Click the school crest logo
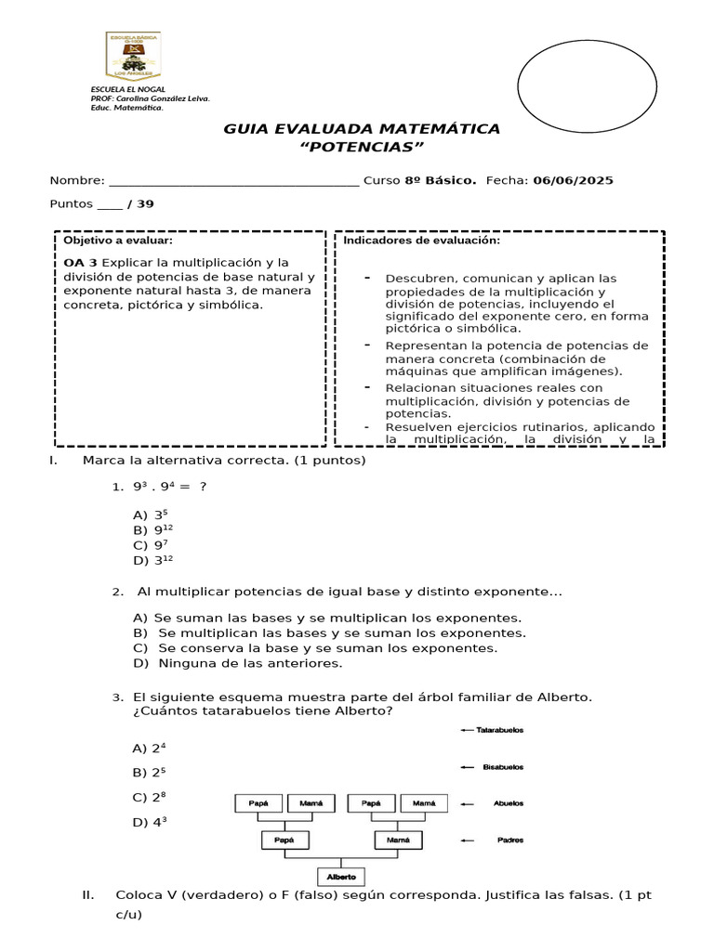pyautogui.click(x=131, y=56)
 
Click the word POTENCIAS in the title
pyautogui.click(x=362, y=148)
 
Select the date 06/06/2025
pyautogui.click(x=574, y=180)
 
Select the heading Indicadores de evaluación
pyautogui.click(x=421, y=241)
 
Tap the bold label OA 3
pyautogui.click(x=80, y=262)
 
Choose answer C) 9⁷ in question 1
pyautogui.click(x=150, y=545)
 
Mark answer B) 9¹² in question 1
pyautogui.click(x=152, y=529)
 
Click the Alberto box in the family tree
pyautogui.click(x=342, y=876)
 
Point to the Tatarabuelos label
pyautogui.click(x=499, y=730)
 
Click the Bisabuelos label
pyautogui.click(x=503, y=767)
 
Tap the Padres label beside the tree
pyautogui.click(x=509, y=840)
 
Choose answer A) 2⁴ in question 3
pyautogui.click(x=150, y=748)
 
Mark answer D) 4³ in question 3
pyautogui.click(x=150, y=822)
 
